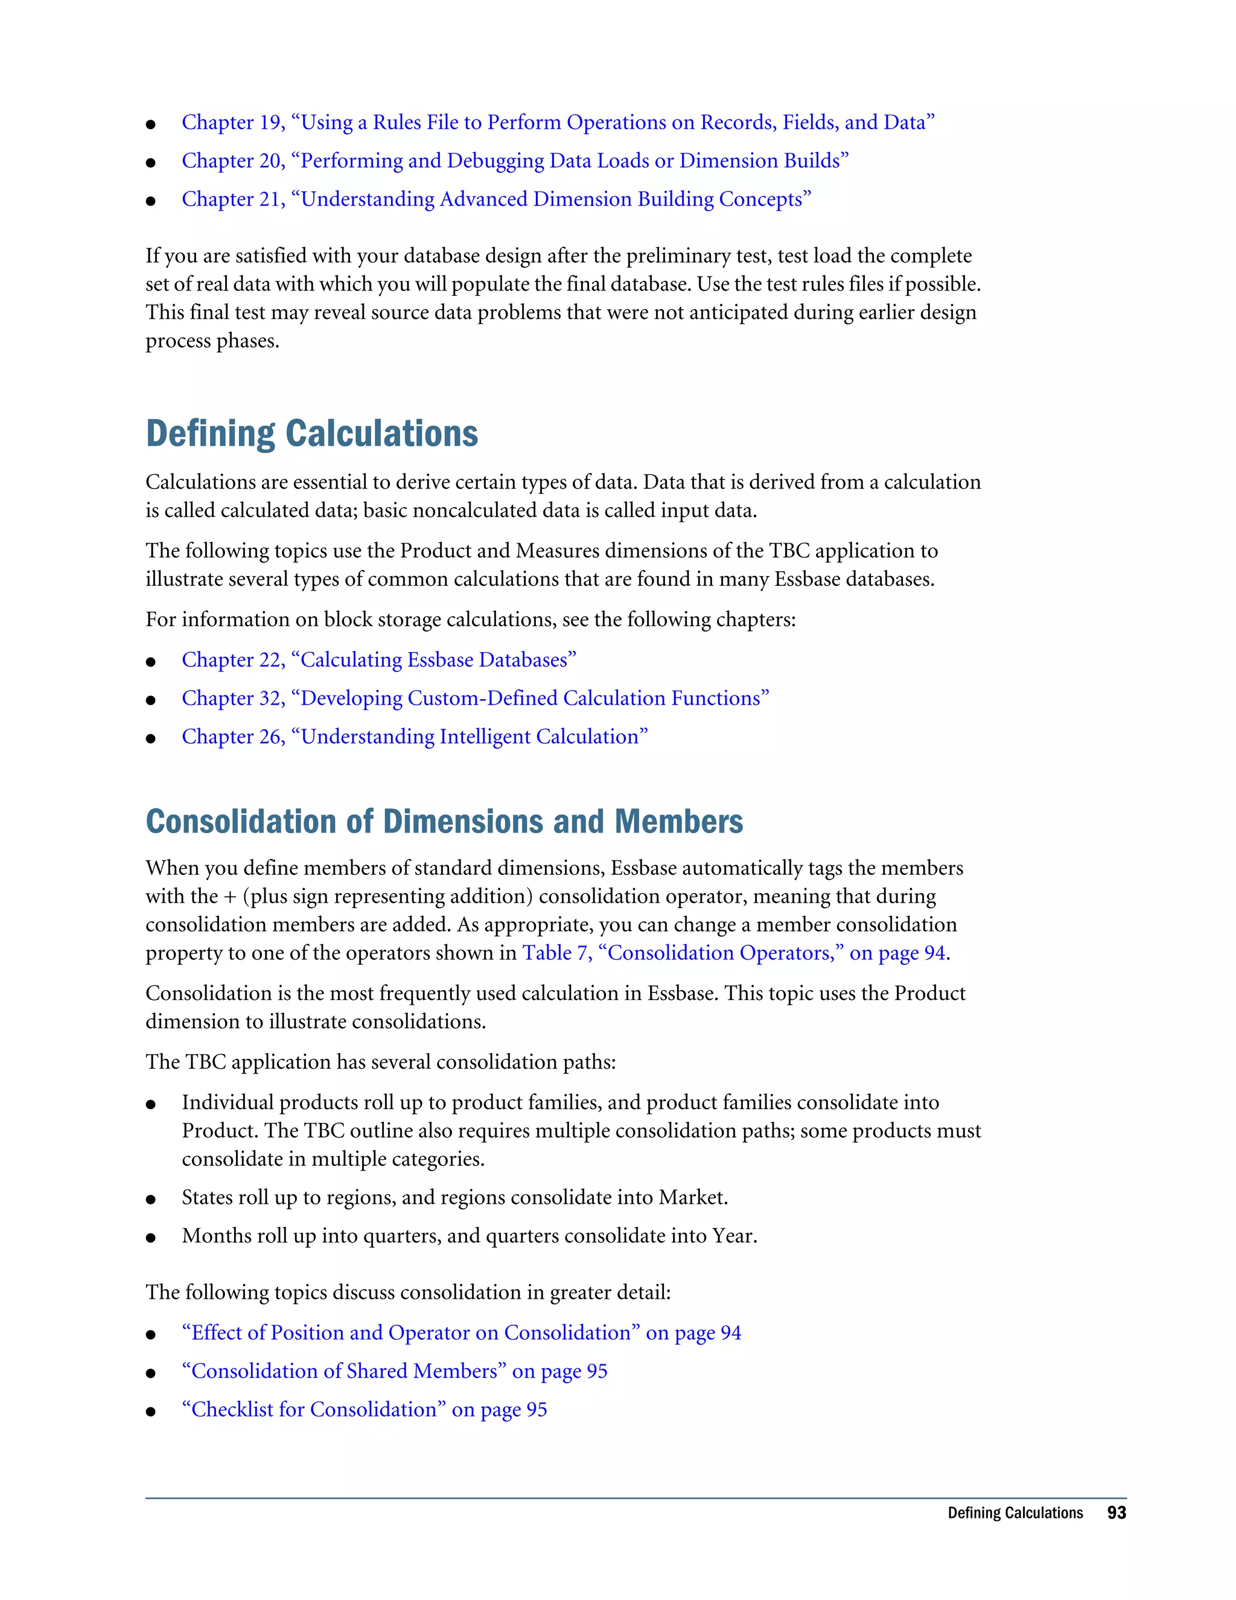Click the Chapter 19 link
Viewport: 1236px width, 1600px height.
coord(558,123)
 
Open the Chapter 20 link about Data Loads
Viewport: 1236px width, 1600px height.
coord(515,161)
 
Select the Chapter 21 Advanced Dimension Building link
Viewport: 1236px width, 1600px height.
coord(497,199)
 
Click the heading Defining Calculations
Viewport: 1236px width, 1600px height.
coord(312,434)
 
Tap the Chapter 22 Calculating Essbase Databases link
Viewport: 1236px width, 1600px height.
coord(378,660)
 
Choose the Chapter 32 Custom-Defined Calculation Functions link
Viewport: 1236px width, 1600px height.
coord(475,698)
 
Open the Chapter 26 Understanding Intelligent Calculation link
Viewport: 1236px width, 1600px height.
coord(415,737)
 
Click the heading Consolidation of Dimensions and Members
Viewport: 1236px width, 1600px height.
coord(444,822)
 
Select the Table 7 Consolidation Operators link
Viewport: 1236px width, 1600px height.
coord(734,953)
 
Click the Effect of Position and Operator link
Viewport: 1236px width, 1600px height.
coord(461,1333)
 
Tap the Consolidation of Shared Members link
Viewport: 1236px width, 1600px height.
coord(394,1371)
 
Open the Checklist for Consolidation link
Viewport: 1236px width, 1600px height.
coord(364,1410)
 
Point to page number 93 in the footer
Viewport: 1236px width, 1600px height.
coord(1116,1513)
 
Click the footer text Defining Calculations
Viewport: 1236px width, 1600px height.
coord(1015,1513)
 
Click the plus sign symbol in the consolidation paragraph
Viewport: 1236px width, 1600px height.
coord(230,897)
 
